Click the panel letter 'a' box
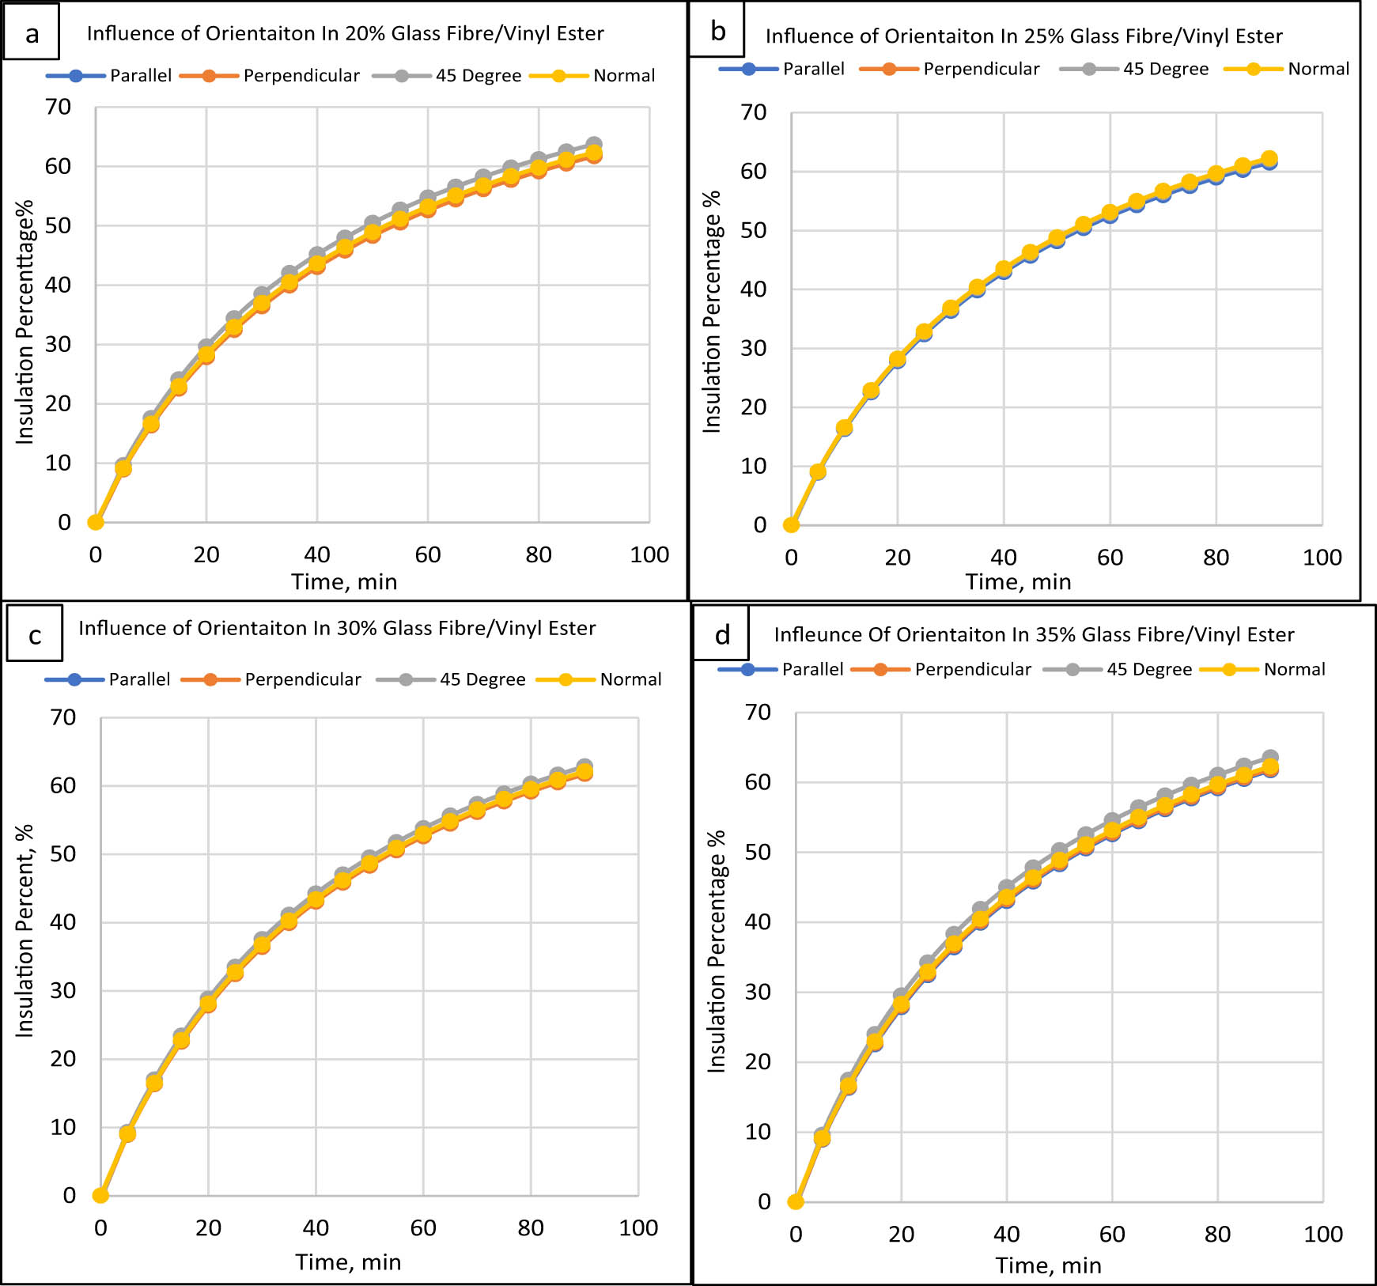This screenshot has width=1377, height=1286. (32, 32)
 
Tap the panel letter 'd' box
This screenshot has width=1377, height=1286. (721, 634)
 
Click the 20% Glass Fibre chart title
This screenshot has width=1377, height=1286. (345, 33)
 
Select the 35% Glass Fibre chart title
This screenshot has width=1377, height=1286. (1034, 634)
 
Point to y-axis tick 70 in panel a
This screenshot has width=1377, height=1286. (58, 107)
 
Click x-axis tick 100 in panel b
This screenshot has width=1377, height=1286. (1322, 558)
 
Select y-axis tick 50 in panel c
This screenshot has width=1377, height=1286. (63, 854)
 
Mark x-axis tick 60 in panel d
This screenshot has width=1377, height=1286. (1111, 1235)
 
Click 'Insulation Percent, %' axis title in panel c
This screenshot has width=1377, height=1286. (25, 931)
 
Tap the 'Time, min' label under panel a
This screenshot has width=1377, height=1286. (344, 582)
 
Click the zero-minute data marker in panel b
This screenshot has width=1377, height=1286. (791, 524)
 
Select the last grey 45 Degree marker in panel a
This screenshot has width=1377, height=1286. (594, 145)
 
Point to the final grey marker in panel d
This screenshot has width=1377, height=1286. (1270, 758)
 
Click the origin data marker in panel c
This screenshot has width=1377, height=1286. (100, 1195)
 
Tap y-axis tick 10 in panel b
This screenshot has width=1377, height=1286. (753, 466)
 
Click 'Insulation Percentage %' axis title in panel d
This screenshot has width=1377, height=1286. (717, 951)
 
